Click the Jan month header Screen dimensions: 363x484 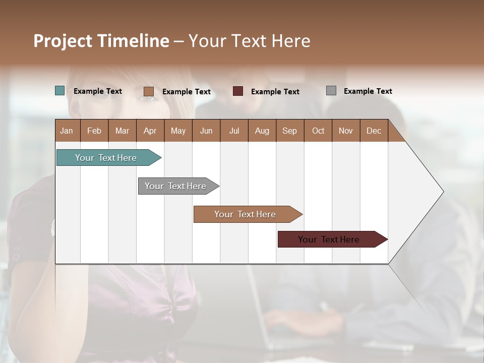tap(67, 131)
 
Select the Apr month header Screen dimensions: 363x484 tap(150, 131)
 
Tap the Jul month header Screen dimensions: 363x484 tap(234, 131)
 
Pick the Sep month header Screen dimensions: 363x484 tap(290, 131)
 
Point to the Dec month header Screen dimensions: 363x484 tap(374, 131)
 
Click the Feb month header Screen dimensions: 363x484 tap(94, 131)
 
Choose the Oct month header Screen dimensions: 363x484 tap(318, 131)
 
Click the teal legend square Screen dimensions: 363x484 tap(60, 91)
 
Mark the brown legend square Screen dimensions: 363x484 tap(149, 91)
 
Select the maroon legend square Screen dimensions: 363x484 tap(238, 91)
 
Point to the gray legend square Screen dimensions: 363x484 tap(331, 91)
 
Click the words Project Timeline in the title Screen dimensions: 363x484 tap(101, 41)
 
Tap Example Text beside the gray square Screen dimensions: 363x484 tap(368, 91)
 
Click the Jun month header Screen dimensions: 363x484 tap(206, 131)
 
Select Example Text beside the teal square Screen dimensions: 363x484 tap(97, 91)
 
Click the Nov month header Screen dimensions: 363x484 tap(346, 131)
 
